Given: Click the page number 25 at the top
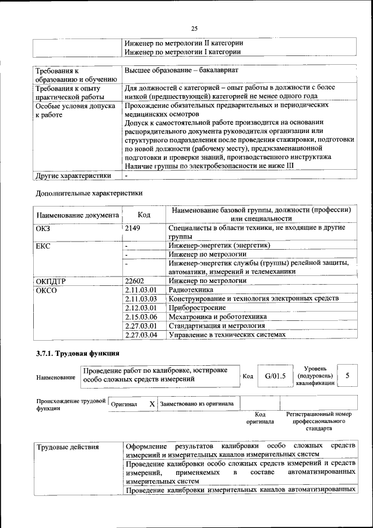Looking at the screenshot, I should pos(194,27).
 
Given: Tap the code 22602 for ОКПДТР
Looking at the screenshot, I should pos(135,281).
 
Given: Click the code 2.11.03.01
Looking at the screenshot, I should pos(142,289).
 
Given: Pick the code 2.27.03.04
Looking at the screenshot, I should pos(142,334).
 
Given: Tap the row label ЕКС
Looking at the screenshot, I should pos(43,246).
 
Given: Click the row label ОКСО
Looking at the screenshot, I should pos(47,290).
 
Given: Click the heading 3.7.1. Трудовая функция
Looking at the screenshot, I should pos(78,354).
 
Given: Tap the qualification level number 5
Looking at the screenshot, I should pos(348,376).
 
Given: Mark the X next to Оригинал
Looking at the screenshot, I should pos(152,404).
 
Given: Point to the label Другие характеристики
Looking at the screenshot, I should pos(73,174).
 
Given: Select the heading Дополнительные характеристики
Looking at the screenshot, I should pos(89,193).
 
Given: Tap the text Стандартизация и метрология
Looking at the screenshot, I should pos(217,326).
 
